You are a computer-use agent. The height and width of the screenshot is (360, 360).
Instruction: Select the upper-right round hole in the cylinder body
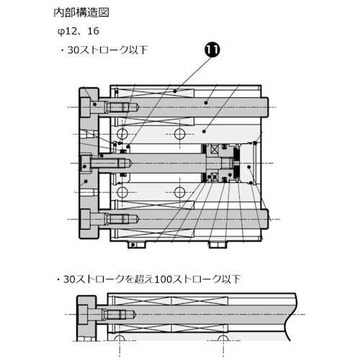pyautogui.click(x=181, y=135)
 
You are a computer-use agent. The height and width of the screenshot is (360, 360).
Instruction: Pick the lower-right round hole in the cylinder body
pyautogui.click(x=181, y=192)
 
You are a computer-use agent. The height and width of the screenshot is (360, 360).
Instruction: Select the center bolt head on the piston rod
pyautogui.click(x=89, y=163)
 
